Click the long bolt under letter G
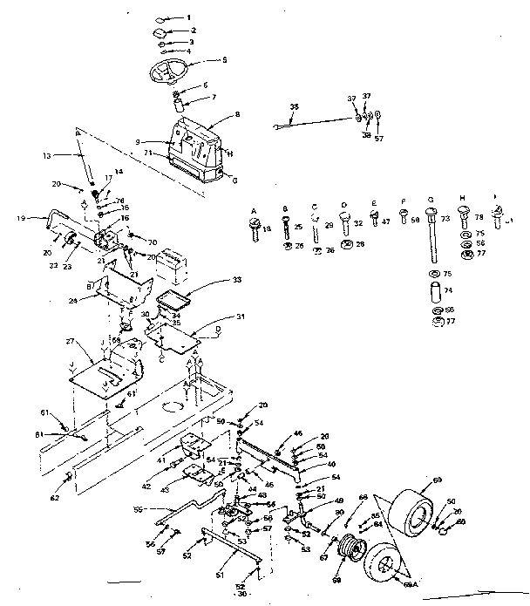[x=431, y=235]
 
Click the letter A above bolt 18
[x=254, y=211]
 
